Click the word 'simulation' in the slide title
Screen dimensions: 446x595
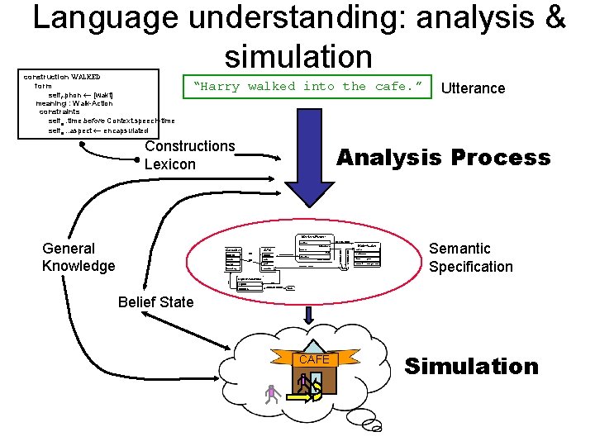click(298, 56)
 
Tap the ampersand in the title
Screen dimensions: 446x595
click(553, 18)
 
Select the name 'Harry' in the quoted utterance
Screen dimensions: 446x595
click(220, 86)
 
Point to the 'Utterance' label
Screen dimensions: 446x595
click(473, 88)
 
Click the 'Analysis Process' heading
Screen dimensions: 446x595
click(443, 158)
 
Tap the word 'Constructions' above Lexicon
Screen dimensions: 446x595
click(189, 146)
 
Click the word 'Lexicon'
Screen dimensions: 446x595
click(169, 164)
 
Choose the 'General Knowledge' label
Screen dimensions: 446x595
click(79, 257)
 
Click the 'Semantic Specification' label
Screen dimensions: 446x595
click(470, 257)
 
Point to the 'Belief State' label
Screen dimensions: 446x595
click(155, 301)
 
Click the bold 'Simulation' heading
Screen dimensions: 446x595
click(470, 366)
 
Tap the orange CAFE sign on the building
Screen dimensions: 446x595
click(314, 359)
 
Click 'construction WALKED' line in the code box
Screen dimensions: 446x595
click(62, 77)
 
